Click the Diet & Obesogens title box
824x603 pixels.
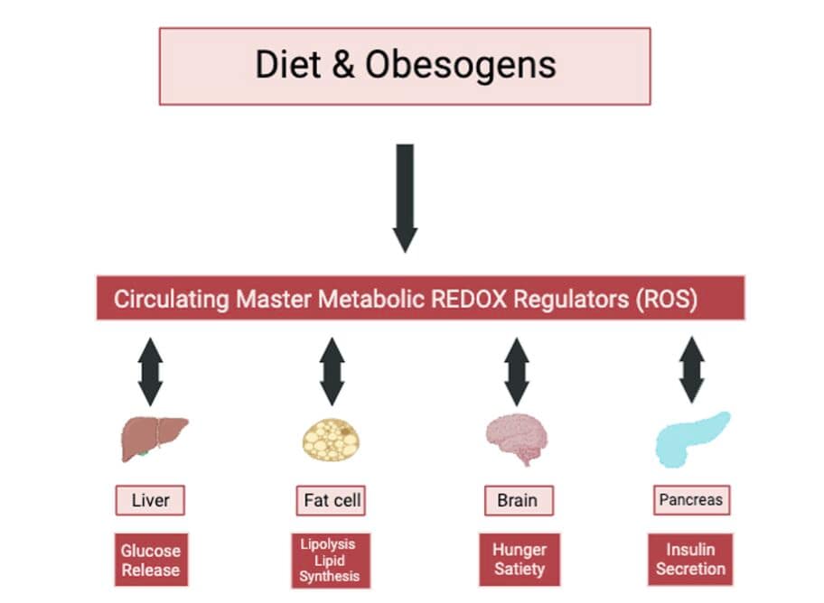405,66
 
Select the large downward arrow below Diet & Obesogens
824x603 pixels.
405,197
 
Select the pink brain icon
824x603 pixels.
517,440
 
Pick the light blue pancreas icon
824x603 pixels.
690,438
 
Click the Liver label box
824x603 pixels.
150,500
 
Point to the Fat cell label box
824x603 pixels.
332,500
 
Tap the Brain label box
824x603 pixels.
517,500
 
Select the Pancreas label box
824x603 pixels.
690,499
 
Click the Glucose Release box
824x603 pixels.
151,560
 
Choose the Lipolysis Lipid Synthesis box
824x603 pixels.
329,560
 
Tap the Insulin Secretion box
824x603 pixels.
690,560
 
